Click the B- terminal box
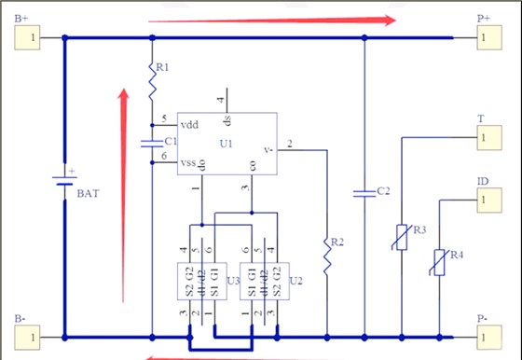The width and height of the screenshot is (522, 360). click(x=28, y=336)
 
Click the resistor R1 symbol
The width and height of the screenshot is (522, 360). click(x=152, y=82)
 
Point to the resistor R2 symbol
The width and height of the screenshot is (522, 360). click(x=327, y=254)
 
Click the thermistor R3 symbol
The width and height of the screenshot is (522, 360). click(x=401, y=237)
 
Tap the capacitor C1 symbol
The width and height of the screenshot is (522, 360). click(x=152, y=143)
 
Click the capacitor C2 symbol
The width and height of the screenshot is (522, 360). click(x=363, y=194)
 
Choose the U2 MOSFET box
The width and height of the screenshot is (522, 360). click(x=262, y=281)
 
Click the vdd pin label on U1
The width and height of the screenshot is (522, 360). click(x=189, y=123)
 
